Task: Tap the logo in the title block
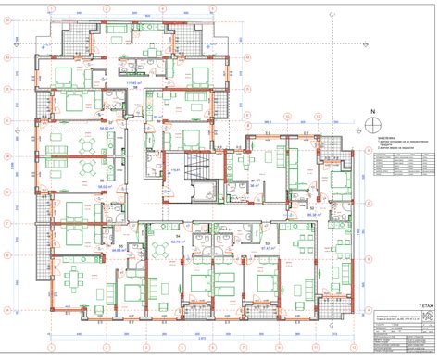(x=427, y=317)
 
